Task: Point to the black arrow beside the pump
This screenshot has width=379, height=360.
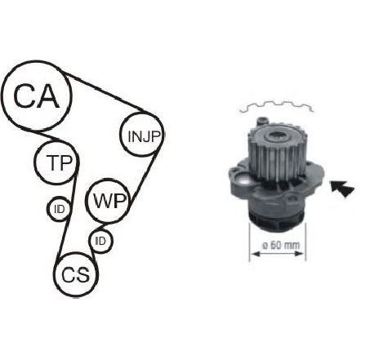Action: pyautogui.click(x=342, y=188)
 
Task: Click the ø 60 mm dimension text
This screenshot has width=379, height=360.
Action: pyautogui.click(x=281, y=246)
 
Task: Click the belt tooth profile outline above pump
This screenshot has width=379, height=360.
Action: pyautogui.click(x=276, y=106)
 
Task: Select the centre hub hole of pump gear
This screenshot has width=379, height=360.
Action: pyautogui.click(x=277, y=135)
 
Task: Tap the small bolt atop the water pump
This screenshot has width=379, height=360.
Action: pyautogui.click(x=262, y=121)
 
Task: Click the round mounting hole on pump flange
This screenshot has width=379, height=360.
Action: pyautogui.click(x=242, y=180)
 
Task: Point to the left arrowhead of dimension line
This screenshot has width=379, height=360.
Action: pyautogui.click(x=255, y=254)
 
